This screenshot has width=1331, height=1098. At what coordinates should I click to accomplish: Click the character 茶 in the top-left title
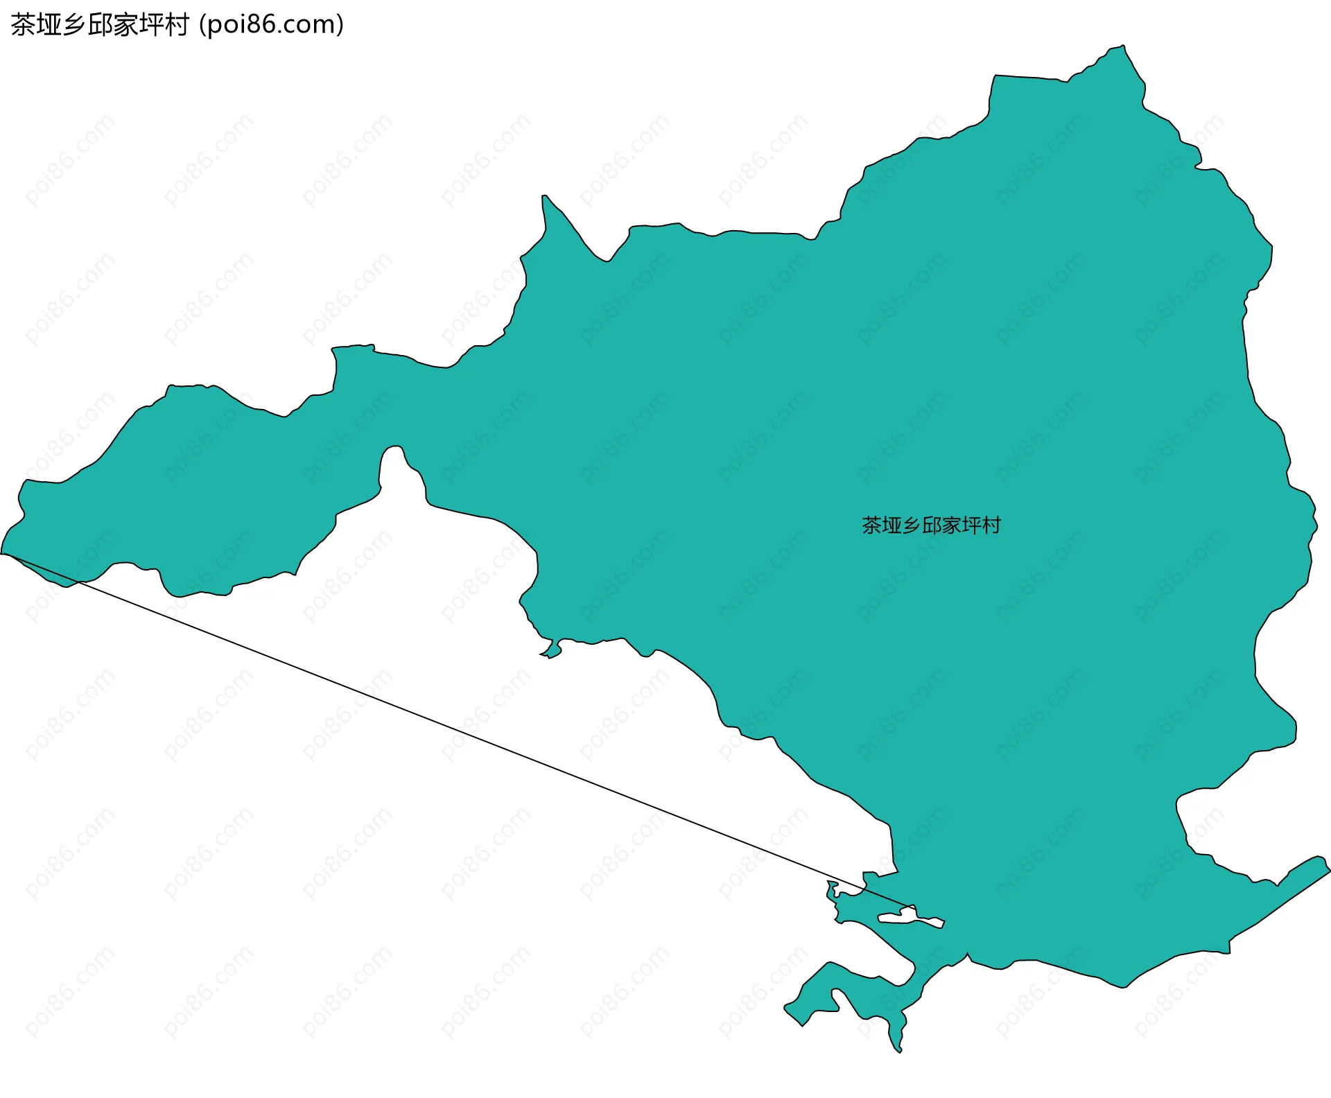click(22, 25)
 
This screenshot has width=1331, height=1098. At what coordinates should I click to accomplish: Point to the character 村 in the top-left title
click(176, 25)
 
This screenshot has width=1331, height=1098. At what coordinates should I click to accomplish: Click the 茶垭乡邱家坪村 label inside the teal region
click(931, 525)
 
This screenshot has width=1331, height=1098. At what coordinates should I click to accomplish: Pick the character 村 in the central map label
click(991, 525)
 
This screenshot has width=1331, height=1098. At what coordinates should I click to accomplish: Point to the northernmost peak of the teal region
click(1122, 47)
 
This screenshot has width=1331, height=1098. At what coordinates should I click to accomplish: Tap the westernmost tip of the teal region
click(3, 553)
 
